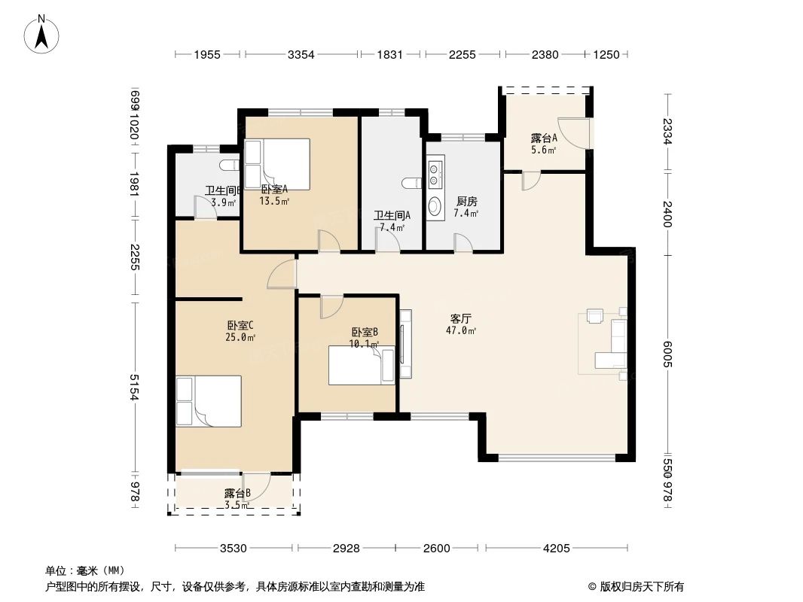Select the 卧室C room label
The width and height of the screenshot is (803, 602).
tap(240, 326)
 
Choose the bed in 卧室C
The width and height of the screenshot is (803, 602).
tap(209, 402)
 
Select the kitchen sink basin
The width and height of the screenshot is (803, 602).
tap(435, 206)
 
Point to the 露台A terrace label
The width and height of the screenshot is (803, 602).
tap(543, 138)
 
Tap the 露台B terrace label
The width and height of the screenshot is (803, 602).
tap(237, 494)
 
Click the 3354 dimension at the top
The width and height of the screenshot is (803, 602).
tap(301, 54)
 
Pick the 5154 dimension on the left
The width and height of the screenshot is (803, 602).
tap(134, 387)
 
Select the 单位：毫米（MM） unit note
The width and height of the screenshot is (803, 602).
tap(85, 570)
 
